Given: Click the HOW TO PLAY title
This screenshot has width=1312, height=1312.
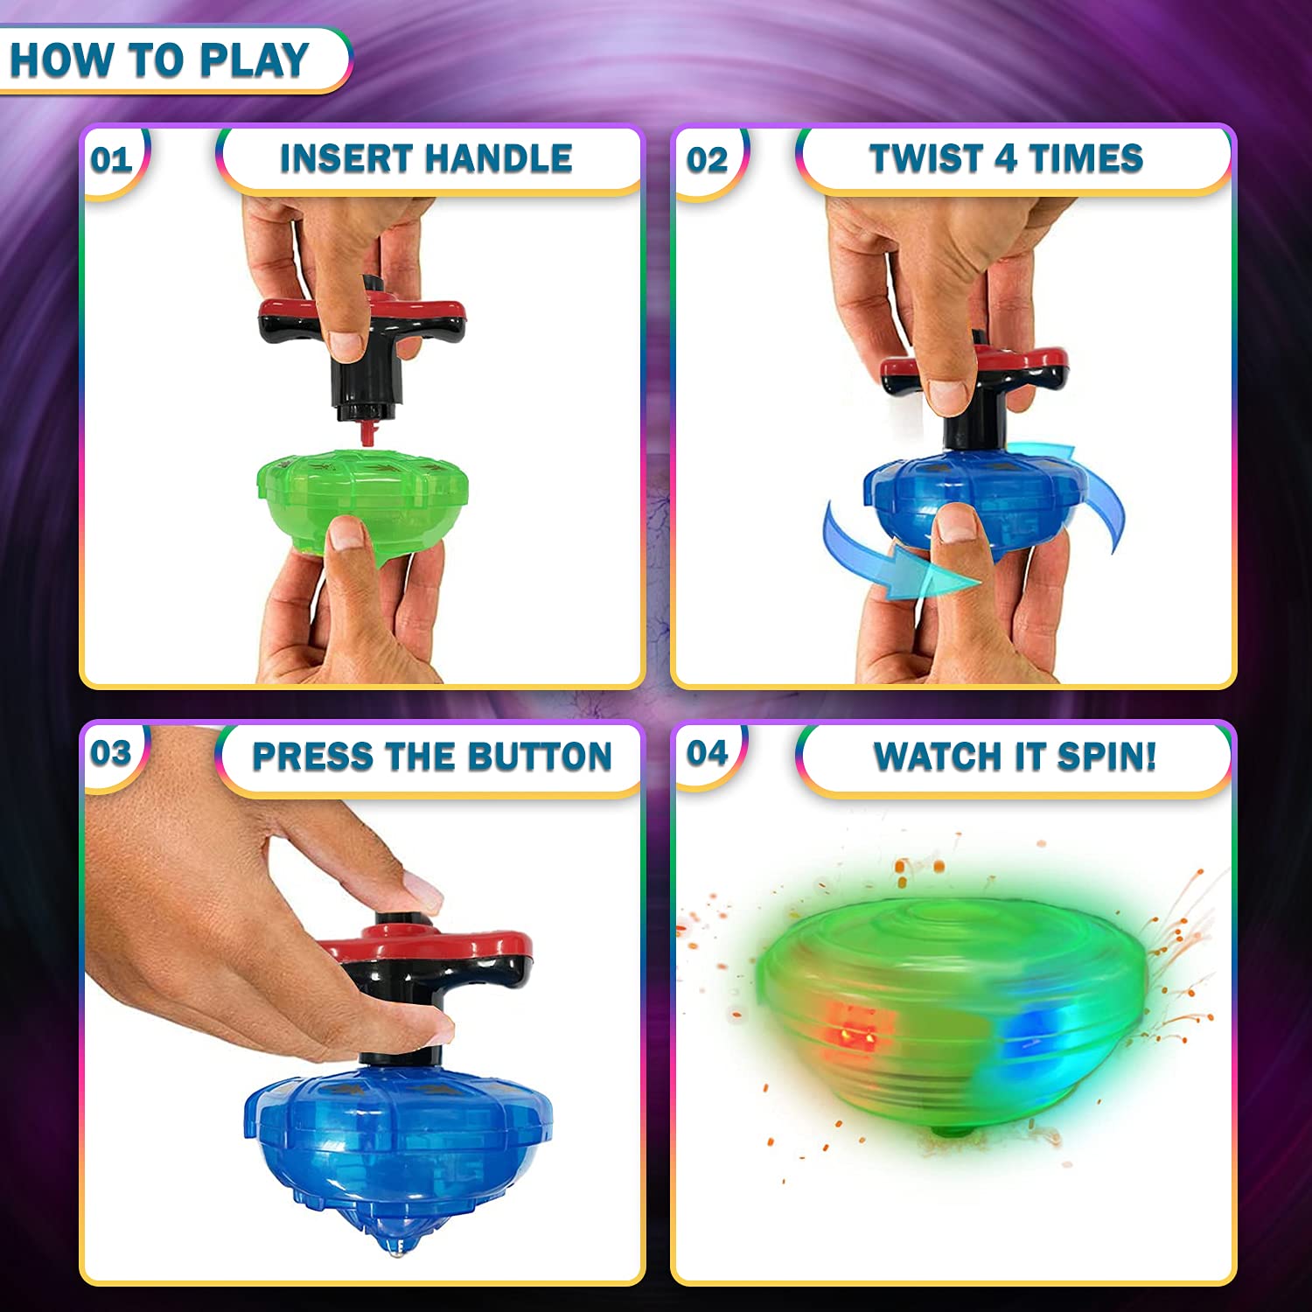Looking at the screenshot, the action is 159,60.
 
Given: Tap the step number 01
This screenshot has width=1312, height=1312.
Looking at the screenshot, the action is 111,160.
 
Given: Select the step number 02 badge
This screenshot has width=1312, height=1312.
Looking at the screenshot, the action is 707,160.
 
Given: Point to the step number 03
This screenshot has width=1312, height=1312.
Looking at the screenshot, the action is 111,753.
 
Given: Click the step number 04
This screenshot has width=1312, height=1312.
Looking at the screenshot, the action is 707,753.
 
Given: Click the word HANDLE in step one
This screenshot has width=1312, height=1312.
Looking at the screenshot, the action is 499,159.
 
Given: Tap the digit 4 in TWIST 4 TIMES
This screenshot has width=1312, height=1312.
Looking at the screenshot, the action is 1006,159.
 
